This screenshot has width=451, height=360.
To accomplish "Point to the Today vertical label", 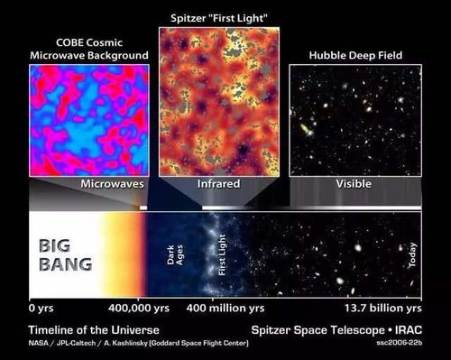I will pos(412,255).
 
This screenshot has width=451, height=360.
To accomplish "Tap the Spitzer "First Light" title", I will pos(216,17).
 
